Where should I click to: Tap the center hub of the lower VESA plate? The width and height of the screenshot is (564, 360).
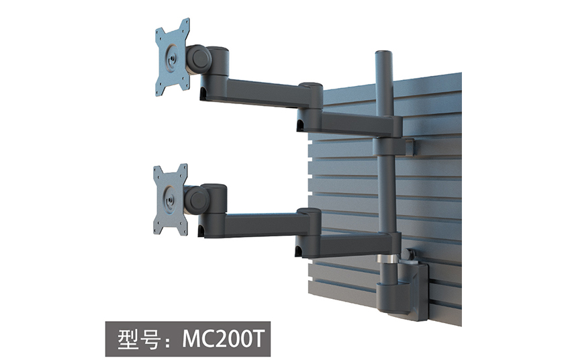coord(171,199)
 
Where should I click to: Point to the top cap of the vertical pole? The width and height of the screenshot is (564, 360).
coord(384,54)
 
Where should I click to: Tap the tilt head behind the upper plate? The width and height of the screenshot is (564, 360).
coord(199,58)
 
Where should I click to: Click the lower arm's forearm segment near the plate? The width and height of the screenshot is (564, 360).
coord(252,225)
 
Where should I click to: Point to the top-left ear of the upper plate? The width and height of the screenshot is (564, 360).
coord(160,32)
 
